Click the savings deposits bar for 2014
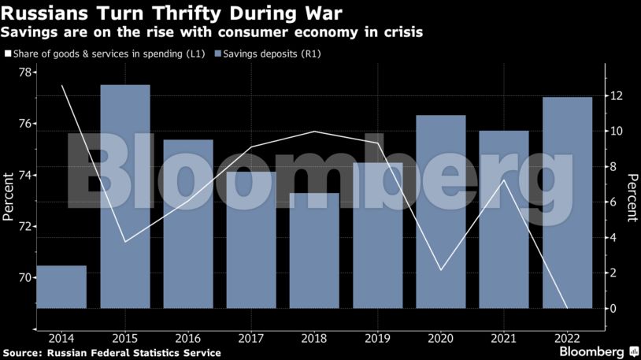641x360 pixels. point(61,287)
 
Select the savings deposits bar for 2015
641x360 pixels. point(125,196)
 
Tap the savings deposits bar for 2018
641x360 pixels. point(314,251)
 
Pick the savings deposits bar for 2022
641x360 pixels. point(567,202)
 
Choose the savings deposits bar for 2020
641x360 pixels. point(441,211)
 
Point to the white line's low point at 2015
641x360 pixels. point(125,241)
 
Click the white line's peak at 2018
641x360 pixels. point(314,132)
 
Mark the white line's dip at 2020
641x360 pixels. point(441,270)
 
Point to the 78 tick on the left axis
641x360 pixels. point(24,72)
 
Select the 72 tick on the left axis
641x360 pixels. point(24,227)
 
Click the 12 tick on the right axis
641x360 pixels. point(617,96)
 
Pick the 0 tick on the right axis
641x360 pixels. point(613,308)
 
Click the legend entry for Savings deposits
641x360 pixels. point(272,54)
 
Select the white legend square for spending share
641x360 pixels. point(8,54)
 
